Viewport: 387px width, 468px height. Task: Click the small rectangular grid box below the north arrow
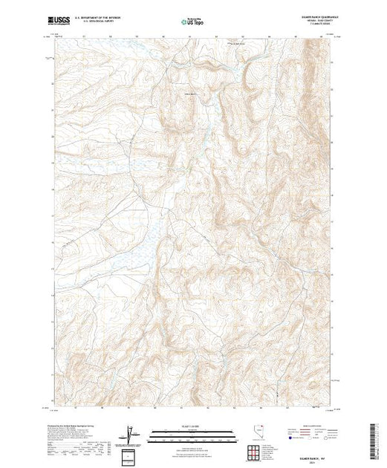pyautogui.click(x=131, y=453)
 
